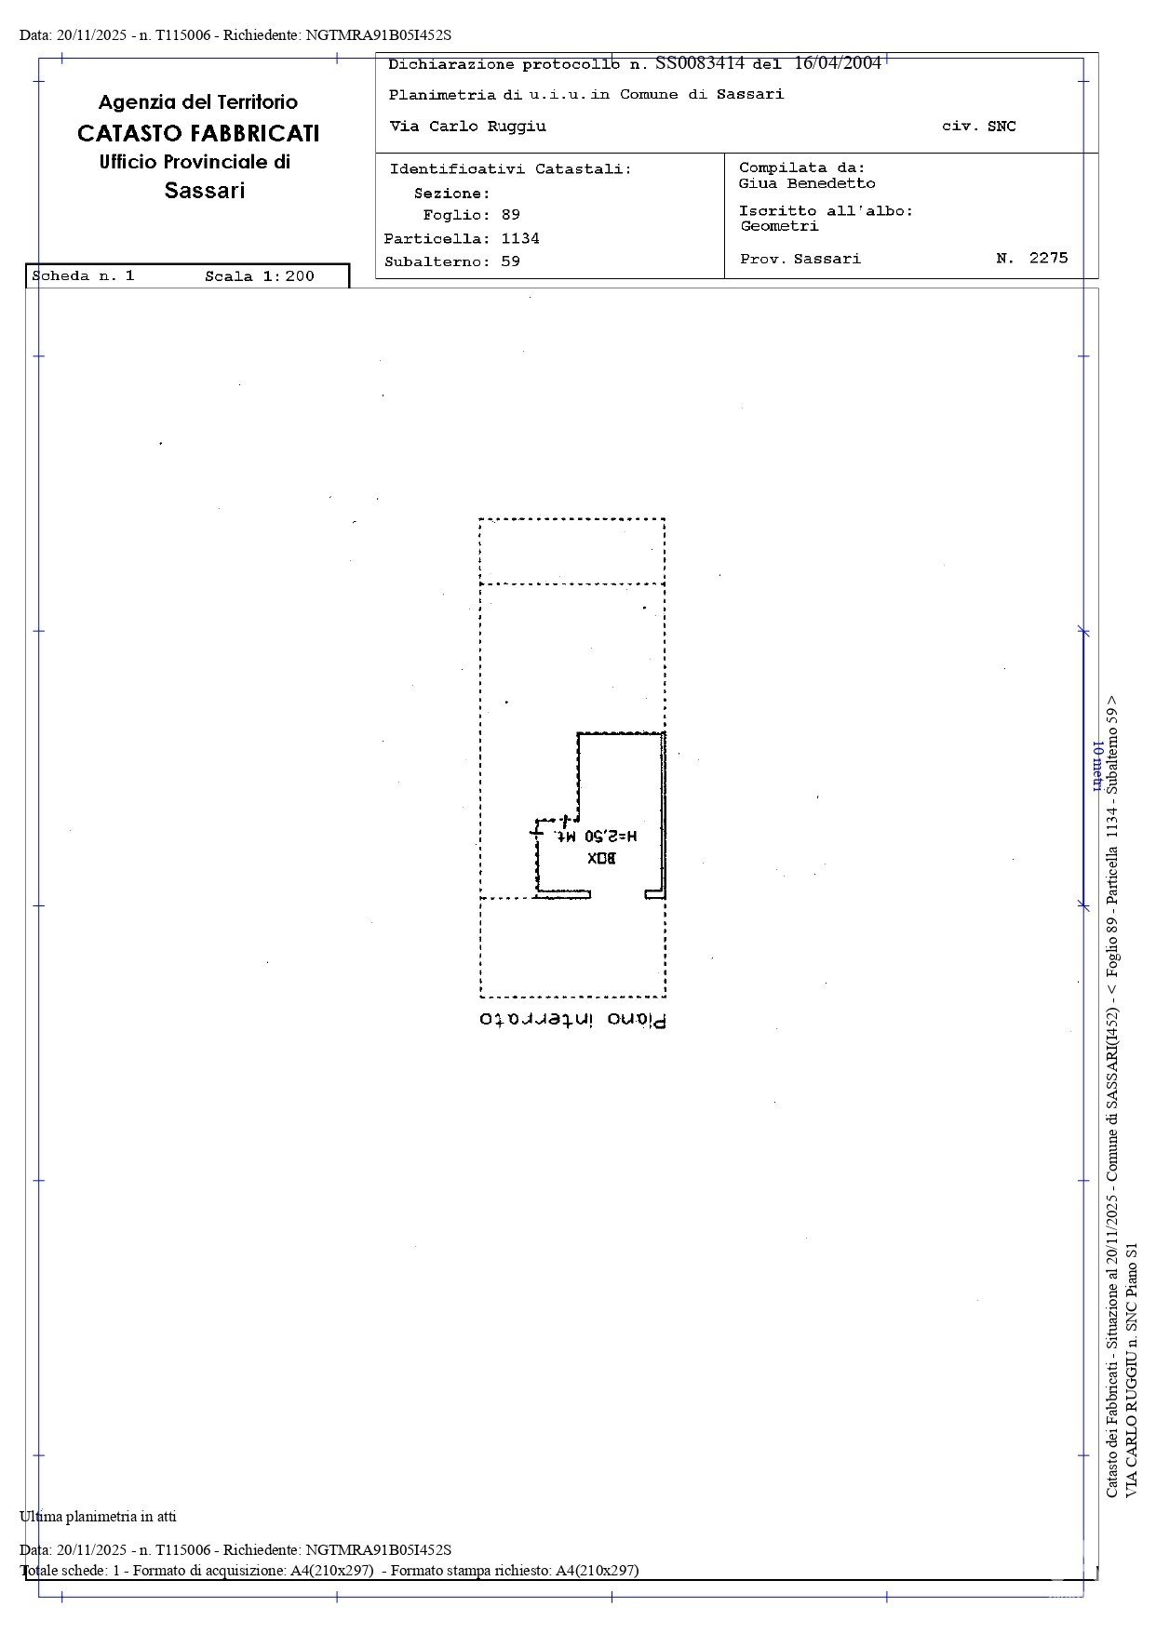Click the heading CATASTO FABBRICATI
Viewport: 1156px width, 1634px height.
tap(198, 133)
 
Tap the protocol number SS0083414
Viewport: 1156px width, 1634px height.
tap(700, 63)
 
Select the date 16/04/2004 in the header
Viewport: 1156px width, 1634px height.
tap(838, 63)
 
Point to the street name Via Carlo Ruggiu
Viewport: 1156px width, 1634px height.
tap(467, 127)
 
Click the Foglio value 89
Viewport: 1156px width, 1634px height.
tap(510, 215)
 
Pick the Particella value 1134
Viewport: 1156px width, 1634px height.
tap(520, 238)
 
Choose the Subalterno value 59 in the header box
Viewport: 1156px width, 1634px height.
tap(510, 261)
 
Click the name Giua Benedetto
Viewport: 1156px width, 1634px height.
tap(807, 184)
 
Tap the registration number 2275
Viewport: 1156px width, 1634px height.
tap(1049, 258)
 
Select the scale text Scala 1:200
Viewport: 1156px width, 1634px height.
tap(260, 276)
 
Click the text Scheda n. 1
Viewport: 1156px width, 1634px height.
tap(84, 276)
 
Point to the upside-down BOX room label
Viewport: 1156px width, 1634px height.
tap(601, 857)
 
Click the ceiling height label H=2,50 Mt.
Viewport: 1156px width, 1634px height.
tap(597, 836)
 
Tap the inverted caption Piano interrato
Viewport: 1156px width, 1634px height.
tap(573, 1019)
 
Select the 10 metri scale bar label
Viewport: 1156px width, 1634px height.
tap(1096, 767)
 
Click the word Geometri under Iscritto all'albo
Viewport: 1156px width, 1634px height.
tap(779, 226)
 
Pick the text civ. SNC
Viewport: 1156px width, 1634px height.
tap(979, 127)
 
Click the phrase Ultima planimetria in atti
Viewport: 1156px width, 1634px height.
tap(98, 1517)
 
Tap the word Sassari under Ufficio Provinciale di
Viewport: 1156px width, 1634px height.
tap(205, 191)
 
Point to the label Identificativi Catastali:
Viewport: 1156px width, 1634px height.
tap(510, 169)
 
